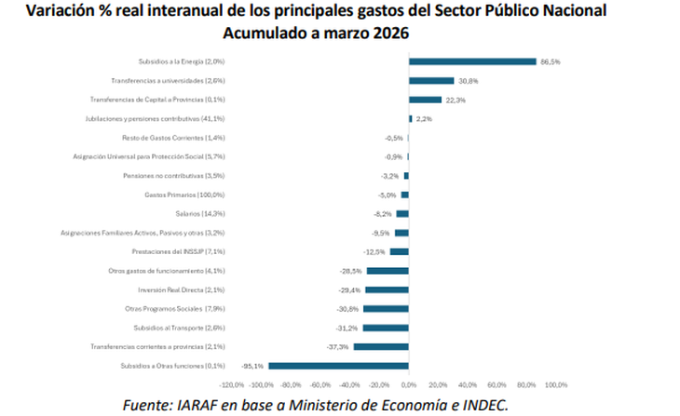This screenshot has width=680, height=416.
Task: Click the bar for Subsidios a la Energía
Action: (472, 61)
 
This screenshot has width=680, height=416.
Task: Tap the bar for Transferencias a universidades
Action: (431, 81)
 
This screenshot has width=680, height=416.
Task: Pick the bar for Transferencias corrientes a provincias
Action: (380, 346)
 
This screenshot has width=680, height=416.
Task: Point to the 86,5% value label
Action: (551, 61)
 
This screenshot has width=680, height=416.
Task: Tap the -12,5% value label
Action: (374, 251)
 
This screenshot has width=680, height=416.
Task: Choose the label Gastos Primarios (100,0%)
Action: (184, 195)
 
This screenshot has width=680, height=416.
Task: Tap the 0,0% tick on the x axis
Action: (408, 383)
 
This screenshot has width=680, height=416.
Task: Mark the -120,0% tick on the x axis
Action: (231, 383)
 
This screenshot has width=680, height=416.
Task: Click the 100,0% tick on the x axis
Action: (555, 383)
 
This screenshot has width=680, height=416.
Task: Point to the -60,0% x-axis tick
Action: (320, 383)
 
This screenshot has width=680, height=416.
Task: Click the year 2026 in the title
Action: (389, 34)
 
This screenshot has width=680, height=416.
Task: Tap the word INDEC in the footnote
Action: (478, 404)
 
